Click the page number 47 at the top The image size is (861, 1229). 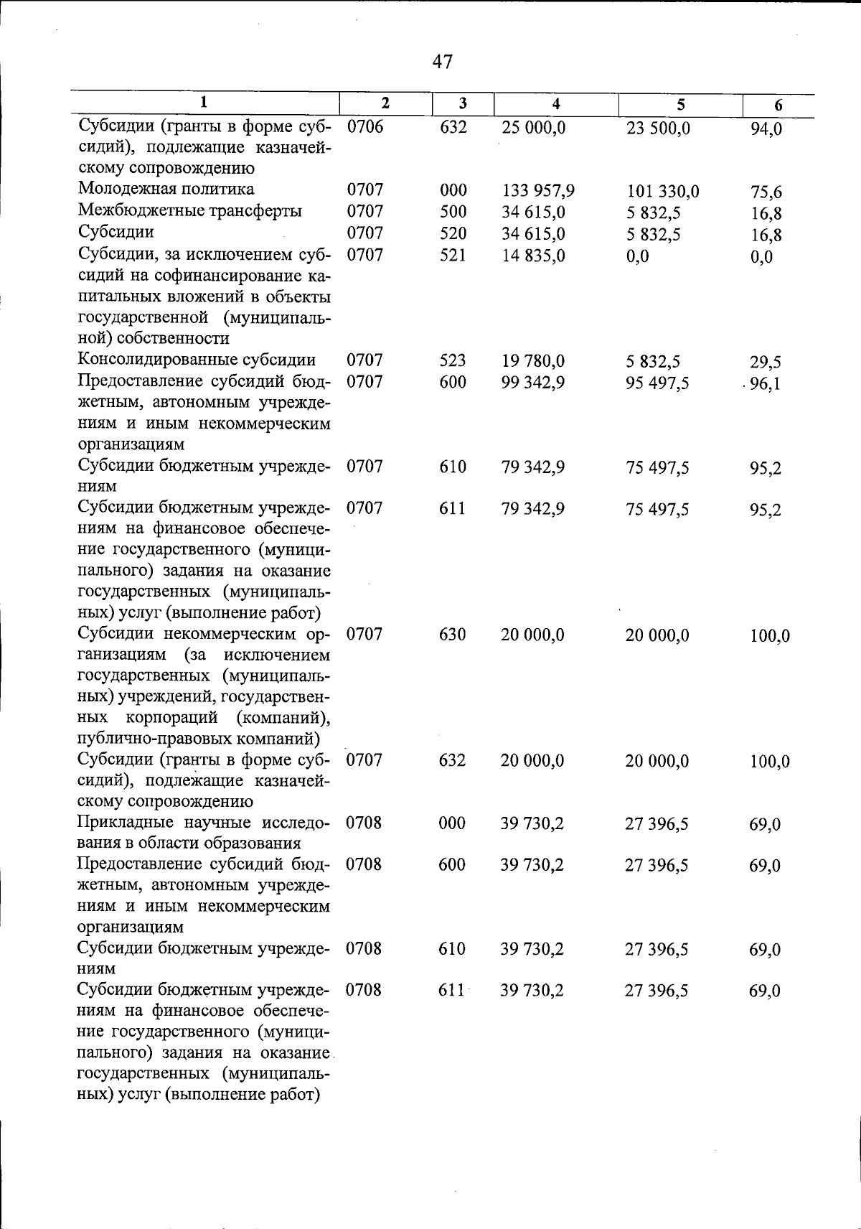pyautogui.click(x=443, y=62)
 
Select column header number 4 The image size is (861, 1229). pyautogui.click(x=556, y=104)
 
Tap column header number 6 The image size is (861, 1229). pyautogui.click(x=778, y=106)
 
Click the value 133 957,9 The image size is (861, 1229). pyautogui.click(x=537, y=191)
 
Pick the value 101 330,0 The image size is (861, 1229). pyautogui.click(x=662, y=192)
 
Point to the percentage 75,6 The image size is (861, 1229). pyautogui.click(x=766, y=192)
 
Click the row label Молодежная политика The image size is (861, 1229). pyautogui.click(x=166, y=190)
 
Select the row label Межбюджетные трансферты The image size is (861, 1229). pyautogui.click(x=189, y=211)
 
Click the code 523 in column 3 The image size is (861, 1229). pyautogui.click(x=453, y=360)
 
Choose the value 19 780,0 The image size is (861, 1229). pyautogui.click(x=532, y=360)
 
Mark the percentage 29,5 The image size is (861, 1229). pyautogui.click(x=766, y=362)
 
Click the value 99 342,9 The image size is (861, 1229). pyautogui.click(x=532, y=382)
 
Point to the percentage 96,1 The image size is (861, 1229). pyautogui.click(x=766, y=383)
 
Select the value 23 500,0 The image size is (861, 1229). pyautogui.click(x=657, y=128)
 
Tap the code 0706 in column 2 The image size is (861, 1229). pyautogui.click(x=365, y=128)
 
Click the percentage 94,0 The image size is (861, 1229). pyautogui.click(x=766, y=130)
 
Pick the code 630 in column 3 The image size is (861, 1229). pyautogui.click(x=453, y=635)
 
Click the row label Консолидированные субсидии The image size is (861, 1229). pyautogui.click(x=197, y=360)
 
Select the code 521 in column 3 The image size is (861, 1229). pyautogui.click(x=453, y=255)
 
